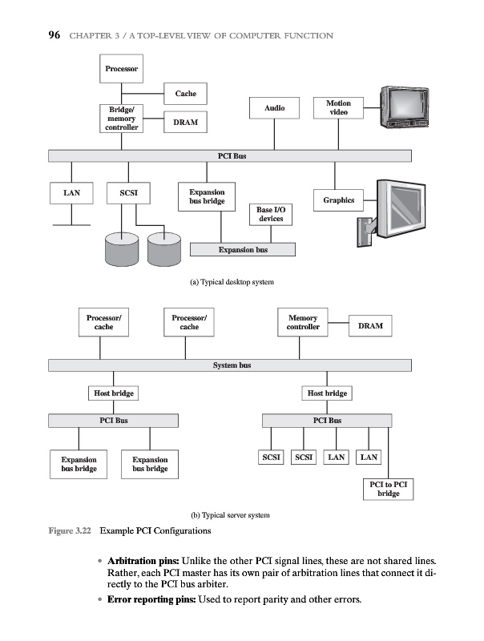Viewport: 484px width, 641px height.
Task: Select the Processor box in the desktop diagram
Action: click(x=122, y=69)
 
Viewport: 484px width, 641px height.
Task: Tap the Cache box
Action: click(x=185, y=94)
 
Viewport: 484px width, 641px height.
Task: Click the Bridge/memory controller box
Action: click(x=122, y=119)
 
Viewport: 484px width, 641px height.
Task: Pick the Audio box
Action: click(x=274, y=107)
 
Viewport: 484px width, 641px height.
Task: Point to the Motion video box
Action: click(x=338, y=107)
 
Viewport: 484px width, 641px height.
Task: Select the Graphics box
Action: click(x=338, y=200)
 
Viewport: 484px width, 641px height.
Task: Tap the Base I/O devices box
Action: click(x=271, y=214)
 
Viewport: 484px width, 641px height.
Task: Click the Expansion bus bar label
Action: click(x=243, y=250)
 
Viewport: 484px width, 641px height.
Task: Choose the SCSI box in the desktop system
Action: click(x=128, y=193)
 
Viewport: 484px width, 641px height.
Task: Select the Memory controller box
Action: click(x=303, y=322)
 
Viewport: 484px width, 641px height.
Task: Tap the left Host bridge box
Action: click(x=114, y=393)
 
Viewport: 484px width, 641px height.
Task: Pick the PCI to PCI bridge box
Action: click(x=389, y=490)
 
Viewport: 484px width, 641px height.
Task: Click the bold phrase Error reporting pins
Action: click(x=150, y=601)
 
